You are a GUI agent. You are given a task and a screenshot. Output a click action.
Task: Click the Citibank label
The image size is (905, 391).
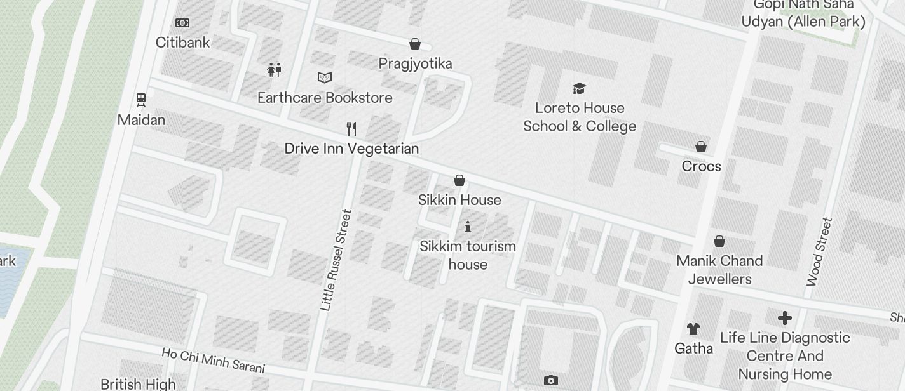click(182, 43)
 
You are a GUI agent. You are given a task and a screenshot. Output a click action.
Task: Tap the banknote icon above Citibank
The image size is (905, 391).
click(182, 23)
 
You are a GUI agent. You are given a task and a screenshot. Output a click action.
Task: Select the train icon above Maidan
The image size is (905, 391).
click(141, 100)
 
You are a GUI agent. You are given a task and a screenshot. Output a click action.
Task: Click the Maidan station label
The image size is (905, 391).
click(141, 120)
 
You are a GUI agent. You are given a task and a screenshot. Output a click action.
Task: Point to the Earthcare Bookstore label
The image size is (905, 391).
click(325, 98)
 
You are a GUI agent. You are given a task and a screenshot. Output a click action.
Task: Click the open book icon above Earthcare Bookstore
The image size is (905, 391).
click(325, 77)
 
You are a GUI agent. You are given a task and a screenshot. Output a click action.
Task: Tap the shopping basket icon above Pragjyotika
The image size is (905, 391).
click(415, 44)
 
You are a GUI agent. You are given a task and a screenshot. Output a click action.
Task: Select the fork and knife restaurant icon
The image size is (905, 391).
click(351, 129)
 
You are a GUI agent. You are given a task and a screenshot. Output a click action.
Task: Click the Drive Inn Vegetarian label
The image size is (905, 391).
click(351, 149)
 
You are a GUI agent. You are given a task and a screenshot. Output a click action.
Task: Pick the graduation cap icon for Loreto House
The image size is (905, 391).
click(579, 88)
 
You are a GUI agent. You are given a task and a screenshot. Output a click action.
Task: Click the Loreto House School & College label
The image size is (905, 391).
click(580, 117)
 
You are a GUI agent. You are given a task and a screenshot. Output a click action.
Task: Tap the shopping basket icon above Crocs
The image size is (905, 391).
click(701, 147)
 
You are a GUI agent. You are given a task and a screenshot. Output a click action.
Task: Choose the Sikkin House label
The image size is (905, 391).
click(459, 200)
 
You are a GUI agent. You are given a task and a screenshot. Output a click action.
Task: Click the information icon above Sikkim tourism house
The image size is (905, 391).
click(468, 227)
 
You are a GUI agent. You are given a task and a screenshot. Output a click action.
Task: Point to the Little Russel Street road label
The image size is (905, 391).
click(336, 260)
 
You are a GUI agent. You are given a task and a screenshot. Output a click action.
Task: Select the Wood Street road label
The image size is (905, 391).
click(819, 252)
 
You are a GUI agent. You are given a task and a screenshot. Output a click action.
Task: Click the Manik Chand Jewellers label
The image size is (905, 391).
click(719, 270)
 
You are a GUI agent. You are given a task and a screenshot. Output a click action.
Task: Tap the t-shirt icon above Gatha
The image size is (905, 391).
click(693, 329)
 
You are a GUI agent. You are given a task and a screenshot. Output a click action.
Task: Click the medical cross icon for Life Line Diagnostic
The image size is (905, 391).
click(785, 317)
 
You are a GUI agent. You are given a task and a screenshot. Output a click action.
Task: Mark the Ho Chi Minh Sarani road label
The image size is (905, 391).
click(213, 361)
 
